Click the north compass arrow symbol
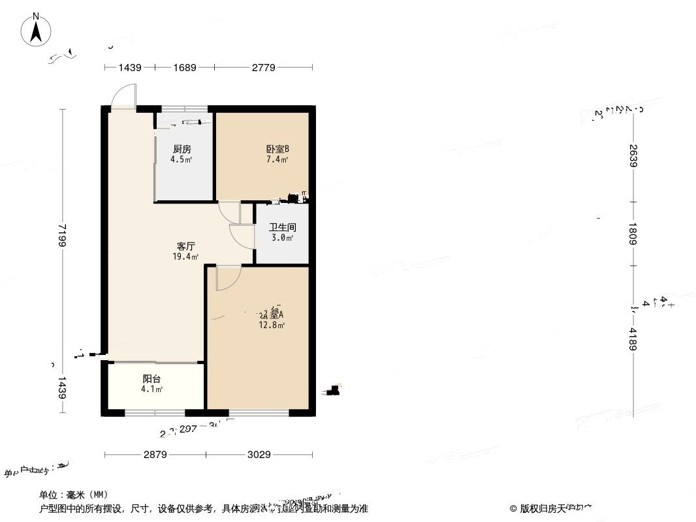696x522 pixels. click(38, 30)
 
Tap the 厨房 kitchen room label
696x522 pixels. click(182, 149)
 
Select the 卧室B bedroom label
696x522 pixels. click(277, 149)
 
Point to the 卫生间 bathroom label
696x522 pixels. click(283, 228)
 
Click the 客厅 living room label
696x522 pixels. click(186, 247)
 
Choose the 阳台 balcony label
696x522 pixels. click(152, 378)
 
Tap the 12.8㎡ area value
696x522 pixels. click(272, 325)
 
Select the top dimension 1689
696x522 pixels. click(184, 67)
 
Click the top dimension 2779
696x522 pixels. click(264, 67)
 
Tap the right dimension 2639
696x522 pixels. click(633, 155)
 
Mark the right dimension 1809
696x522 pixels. click(633, 234)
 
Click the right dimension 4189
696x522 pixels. click(633, 339)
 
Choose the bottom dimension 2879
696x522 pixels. click(155, 455)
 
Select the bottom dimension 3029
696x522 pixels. click(259, 455)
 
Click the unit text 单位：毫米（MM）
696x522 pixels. click(74, 495)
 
